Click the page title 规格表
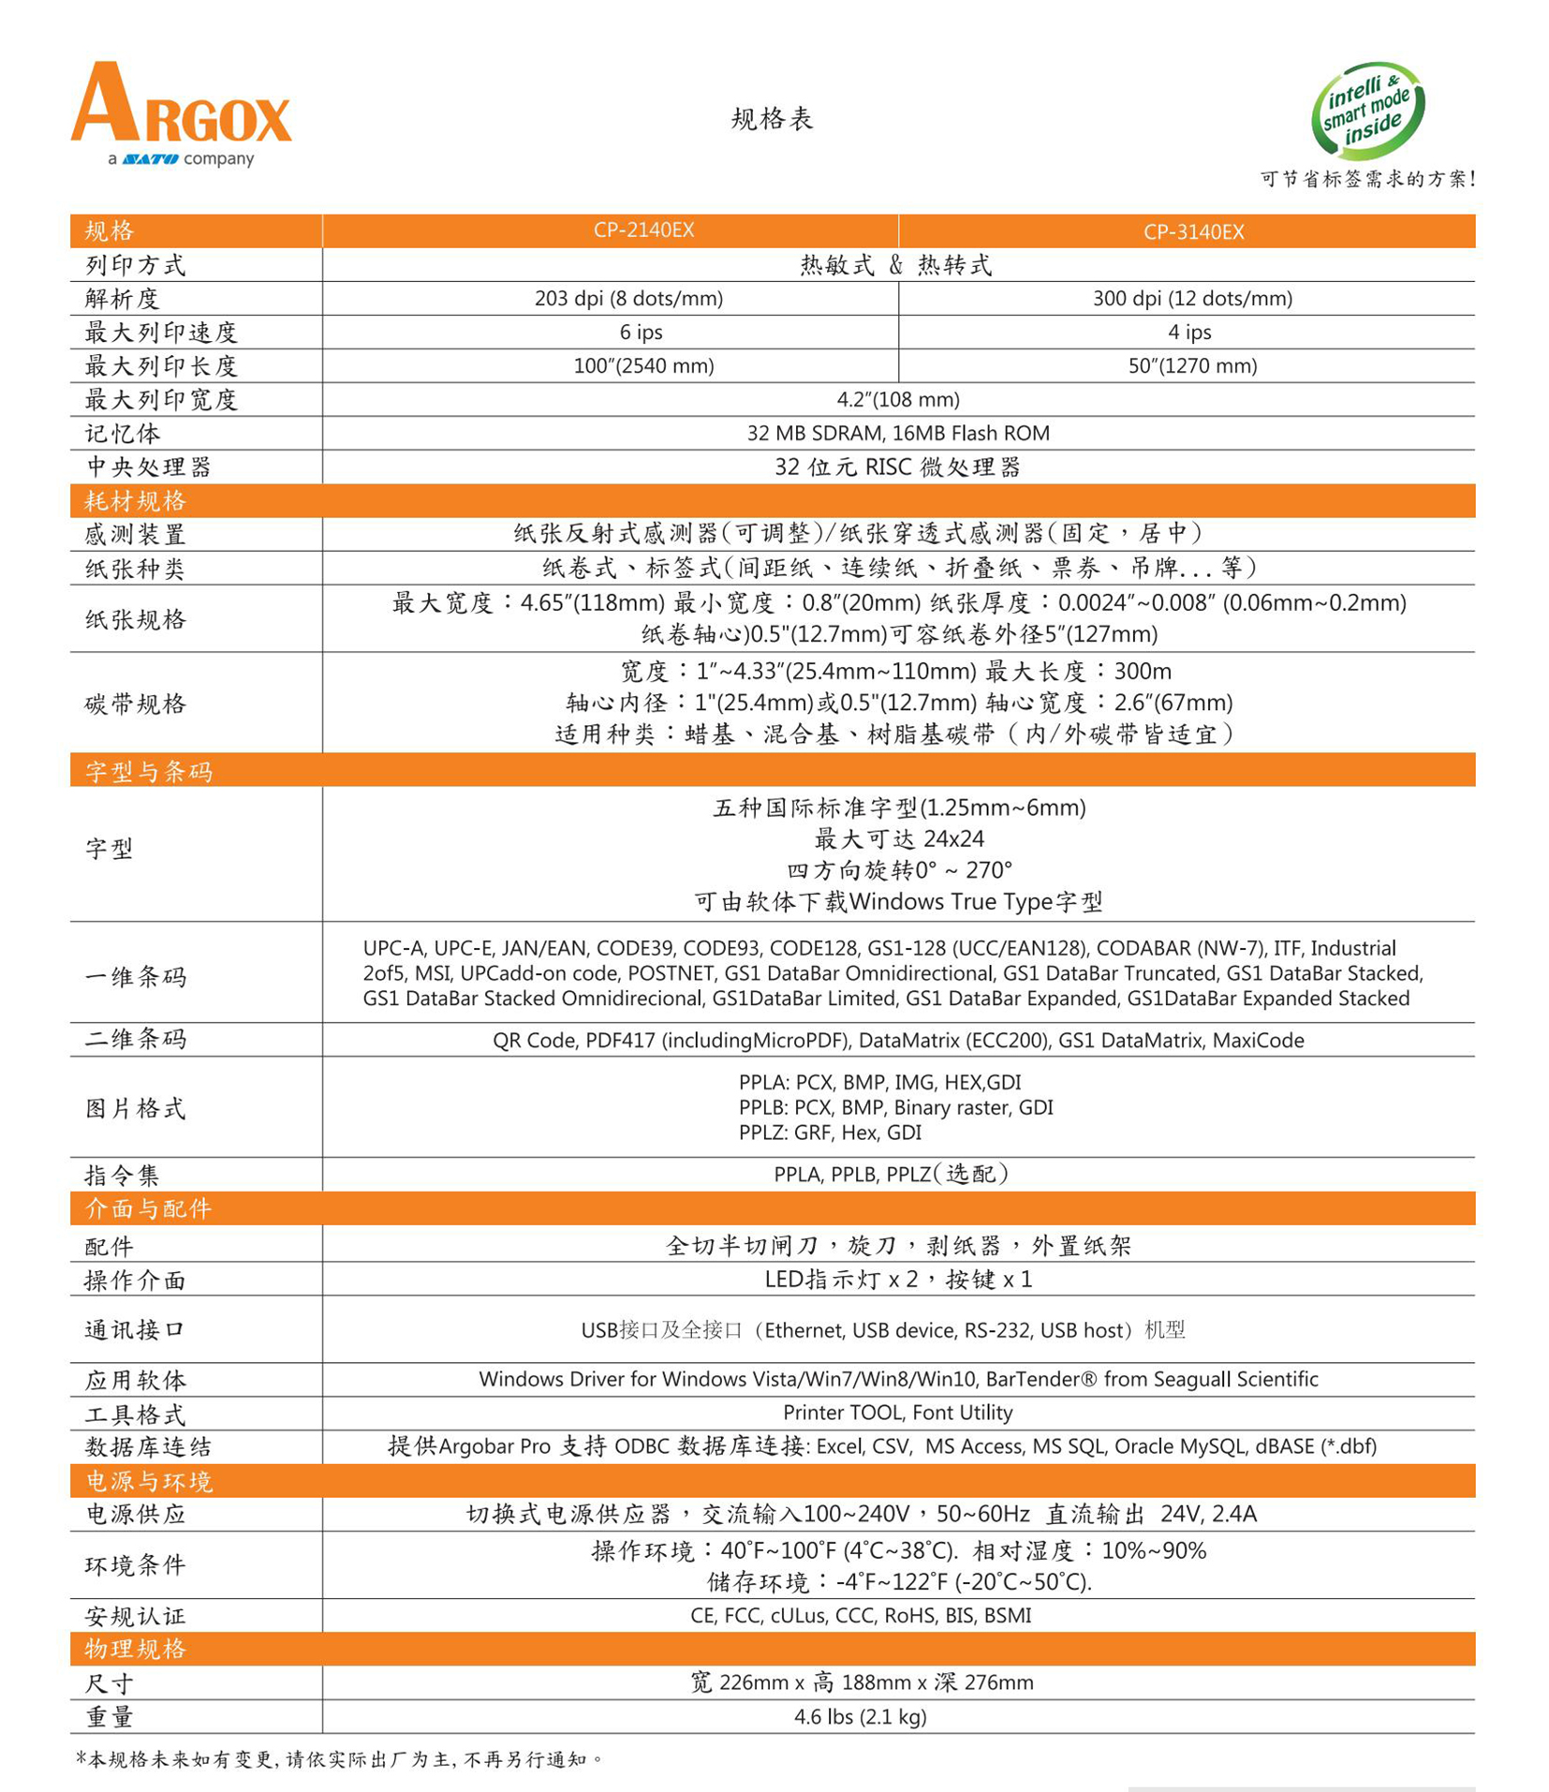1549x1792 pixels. point(772,119)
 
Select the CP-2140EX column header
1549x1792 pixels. point(643,230)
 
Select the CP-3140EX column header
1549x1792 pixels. point(1193,231)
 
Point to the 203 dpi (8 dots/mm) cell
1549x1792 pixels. point(628,298)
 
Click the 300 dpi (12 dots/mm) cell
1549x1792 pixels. point(1192,298)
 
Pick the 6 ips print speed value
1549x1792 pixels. point(641,332)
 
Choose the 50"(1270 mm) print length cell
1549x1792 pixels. point(1192,365)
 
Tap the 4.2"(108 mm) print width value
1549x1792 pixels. point(897,399)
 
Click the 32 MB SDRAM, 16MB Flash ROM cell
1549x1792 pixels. point(897,433)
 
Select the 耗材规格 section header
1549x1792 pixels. point(136,501)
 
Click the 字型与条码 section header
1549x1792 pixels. point(149,771)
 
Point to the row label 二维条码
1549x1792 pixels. point(136,1039)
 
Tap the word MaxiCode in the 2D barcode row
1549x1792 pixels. point(1258,1040)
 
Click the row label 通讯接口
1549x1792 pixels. point(136,1329)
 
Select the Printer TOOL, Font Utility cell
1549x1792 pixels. point(897,1412)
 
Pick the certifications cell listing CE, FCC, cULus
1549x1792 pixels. point(860,1615)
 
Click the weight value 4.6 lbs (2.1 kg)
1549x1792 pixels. point(860,1716)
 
